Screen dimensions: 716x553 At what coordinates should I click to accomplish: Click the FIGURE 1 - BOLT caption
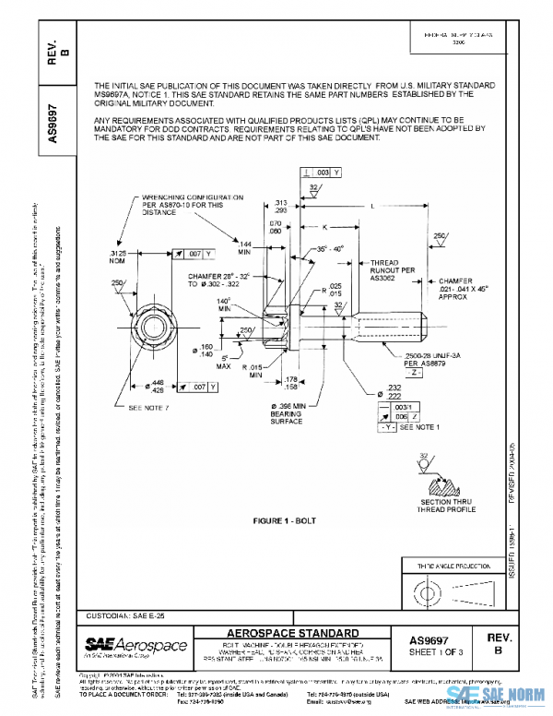(x=285, y=520)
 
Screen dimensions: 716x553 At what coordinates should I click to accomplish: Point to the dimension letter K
(x=325, y=226)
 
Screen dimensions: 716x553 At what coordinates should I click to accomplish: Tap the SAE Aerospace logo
(x=135, y=644)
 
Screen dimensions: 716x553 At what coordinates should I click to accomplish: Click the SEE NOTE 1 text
(x=427, y=427)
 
